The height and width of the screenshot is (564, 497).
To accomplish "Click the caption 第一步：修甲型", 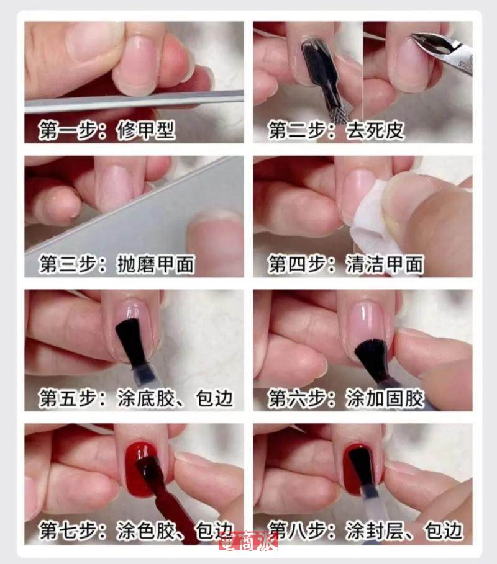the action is [107, 130].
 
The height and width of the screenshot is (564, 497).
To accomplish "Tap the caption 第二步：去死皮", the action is [336, 130].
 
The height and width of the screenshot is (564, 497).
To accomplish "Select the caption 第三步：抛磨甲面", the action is [117, 264].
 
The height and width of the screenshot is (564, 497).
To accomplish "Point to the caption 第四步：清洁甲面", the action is [346, 264].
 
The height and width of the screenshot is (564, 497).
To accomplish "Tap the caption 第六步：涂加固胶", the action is [346, 398].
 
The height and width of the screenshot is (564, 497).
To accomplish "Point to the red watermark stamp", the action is [248, 541].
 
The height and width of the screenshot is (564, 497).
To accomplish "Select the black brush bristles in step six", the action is [371, 356].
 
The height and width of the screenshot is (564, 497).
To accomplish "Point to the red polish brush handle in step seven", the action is [173, 504].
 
